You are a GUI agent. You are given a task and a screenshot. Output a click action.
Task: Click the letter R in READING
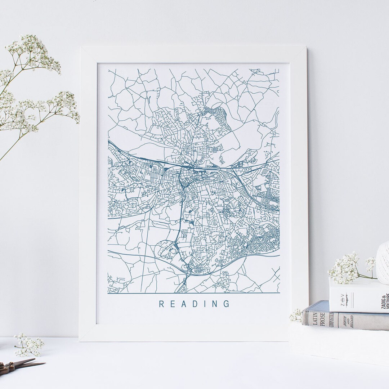tap(162, 304)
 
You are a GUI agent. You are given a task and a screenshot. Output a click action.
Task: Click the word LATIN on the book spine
tap(314, 313)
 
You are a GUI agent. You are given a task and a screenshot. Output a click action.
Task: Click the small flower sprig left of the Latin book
tap(296, 316)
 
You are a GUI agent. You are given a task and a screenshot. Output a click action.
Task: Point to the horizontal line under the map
tap(193, 292)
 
